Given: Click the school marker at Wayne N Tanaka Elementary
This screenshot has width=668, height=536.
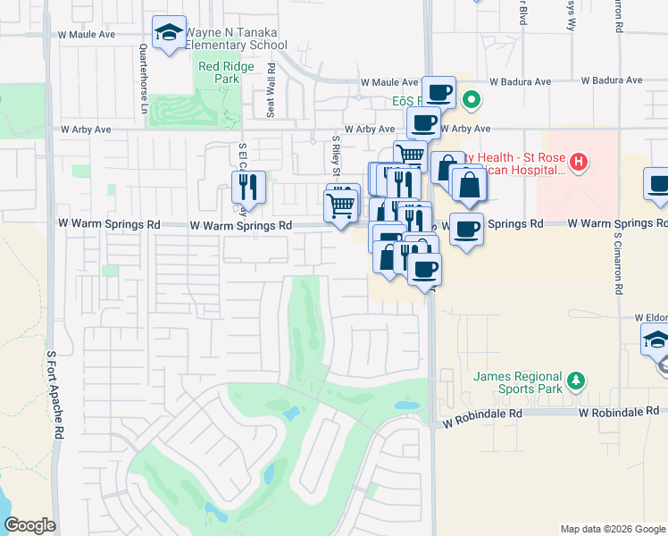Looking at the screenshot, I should coord(169,34).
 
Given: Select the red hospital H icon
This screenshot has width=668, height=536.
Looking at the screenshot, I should coord(579,162).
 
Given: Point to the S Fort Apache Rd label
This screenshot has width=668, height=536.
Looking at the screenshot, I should coord(56,393).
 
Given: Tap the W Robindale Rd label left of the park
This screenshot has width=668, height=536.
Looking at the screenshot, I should coord(478,415).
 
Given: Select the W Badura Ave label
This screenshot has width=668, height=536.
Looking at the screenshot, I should coord(612,80).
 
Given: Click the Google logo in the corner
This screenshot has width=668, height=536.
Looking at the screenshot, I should coord(29,525).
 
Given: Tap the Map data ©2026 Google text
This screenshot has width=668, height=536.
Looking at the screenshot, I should coord(612,529).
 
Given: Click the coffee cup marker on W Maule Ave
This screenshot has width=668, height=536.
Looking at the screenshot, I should coord(438,92).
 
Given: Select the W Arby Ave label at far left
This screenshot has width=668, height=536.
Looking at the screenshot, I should coord(86,130).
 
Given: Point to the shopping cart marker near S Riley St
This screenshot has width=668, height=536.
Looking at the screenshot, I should coord(342,205).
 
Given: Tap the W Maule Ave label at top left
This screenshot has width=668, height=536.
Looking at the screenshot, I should coord(87,34).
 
